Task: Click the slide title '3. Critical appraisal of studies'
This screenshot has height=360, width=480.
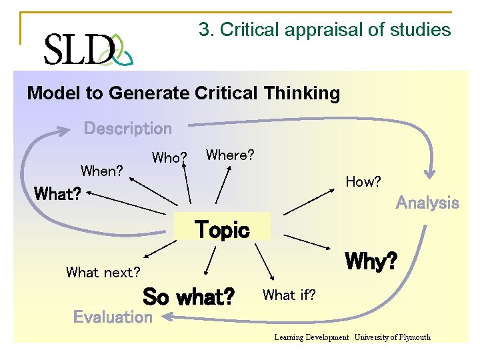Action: (x=325, y=30)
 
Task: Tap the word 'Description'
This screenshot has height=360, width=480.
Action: (x=127, y=129)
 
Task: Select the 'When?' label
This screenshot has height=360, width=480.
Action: (x=101, y=171)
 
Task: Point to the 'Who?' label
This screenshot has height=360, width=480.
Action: (x=169, y=158)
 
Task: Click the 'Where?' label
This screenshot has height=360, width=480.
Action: (x=230, y=155)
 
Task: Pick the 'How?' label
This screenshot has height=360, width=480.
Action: (x=363, y=181)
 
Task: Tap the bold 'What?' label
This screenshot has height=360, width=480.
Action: (x=57, y=194)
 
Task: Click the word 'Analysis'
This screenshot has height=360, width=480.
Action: (x=427, y=203)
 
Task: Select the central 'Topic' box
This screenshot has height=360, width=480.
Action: (x=222, y=230)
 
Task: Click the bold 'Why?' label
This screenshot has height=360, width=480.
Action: (x=371, y=261)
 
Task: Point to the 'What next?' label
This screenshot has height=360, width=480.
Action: (x=103, y=272)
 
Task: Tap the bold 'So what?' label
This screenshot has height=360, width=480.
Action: (x=189, y=296)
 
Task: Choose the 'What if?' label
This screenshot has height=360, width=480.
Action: (x=289, y=294)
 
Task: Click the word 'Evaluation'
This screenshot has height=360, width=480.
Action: (x=113, y=317)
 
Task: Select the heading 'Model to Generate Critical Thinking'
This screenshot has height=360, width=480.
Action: (x=183, y=93)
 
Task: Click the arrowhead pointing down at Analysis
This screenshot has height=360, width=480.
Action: (x=431, y=175)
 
